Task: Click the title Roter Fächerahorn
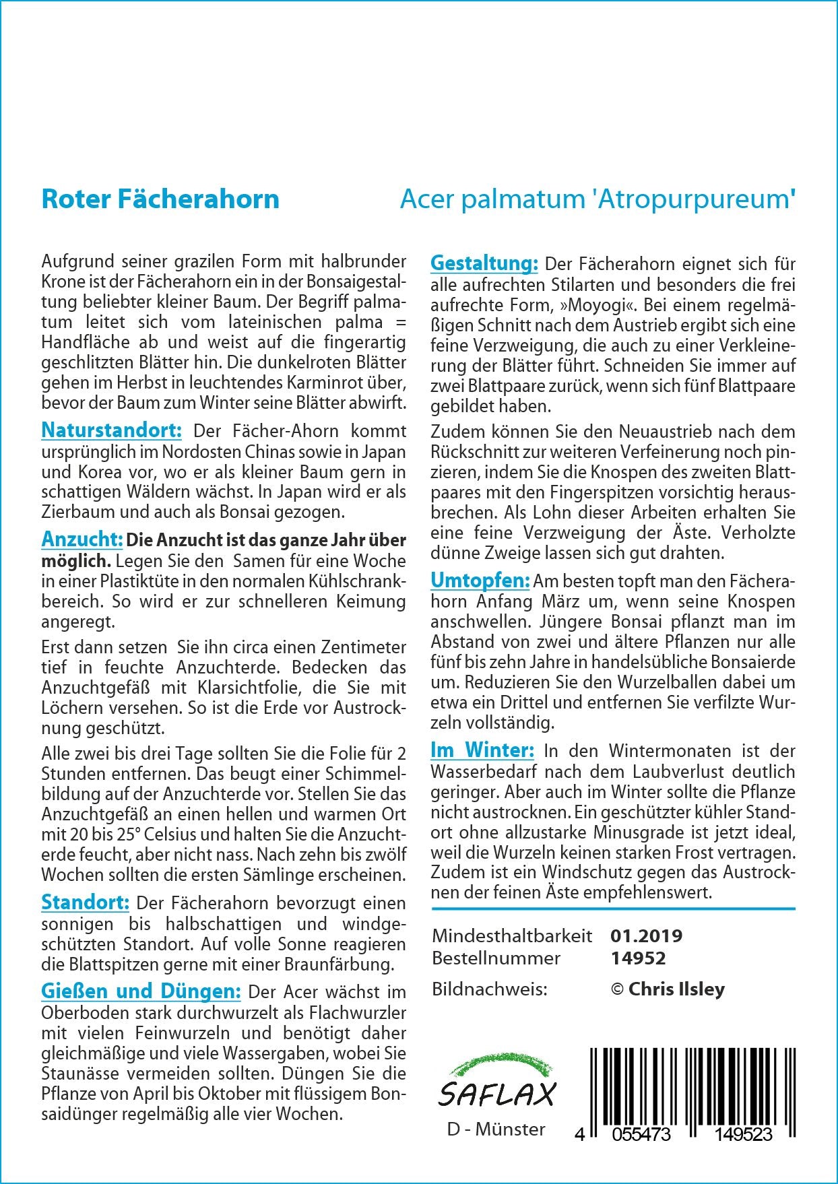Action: (160, 199)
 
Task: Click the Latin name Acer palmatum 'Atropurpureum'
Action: (598, 199)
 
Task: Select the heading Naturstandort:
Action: (111, 430)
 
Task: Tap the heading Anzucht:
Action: (82, 539)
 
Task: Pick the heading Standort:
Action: (85, 902)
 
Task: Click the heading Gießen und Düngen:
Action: (141, 991)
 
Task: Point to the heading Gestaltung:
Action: (484, 263)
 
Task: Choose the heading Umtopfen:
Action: (480, 581)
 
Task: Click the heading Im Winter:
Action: (482, 750)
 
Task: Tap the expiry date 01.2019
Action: (646, 935)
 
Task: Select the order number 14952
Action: (638, 958)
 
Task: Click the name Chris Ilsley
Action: (676, 989)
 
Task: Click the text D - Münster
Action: (496, 1129)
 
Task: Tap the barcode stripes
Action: (692, 1085)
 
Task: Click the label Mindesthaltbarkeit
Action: (512, 935)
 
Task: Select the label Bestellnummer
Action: (496, 958)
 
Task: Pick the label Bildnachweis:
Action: (490, 989)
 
